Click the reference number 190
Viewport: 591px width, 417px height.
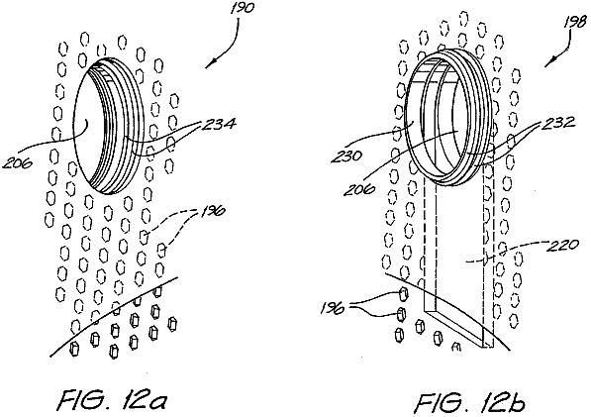[x=242, y=8]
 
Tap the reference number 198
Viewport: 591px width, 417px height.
[x=575, y=22]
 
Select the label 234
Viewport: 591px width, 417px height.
[x=218, y=124]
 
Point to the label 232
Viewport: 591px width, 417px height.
[x=558, y=122]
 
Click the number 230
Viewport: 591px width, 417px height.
[x=346, y=156]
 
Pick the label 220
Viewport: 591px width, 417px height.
[x=561, y=246]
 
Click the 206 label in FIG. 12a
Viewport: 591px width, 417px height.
[x=17, y=162]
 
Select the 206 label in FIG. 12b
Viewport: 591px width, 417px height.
[x=358, y=188]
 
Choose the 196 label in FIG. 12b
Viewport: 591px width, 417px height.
[x=332, y=308]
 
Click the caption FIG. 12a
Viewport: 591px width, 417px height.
[x=112, y=402]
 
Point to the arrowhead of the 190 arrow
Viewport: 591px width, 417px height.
[x=208, y=65]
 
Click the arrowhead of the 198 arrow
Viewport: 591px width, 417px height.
[x=547, y=64]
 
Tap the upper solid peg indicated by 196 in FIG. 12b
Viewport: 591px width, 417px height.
[x=403, y=294]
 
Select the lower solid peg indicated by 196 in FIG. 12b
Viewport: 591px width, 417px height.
[x=401, y=314]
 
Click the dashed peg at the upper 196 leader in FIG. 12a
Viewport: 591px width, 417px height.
[x=144, y=237]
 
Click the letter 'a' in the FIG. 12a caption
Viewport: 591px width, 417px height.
[x=157, y=404]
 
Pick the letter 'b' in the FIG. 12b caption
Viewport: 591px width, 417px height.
[x=516, y=402]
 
